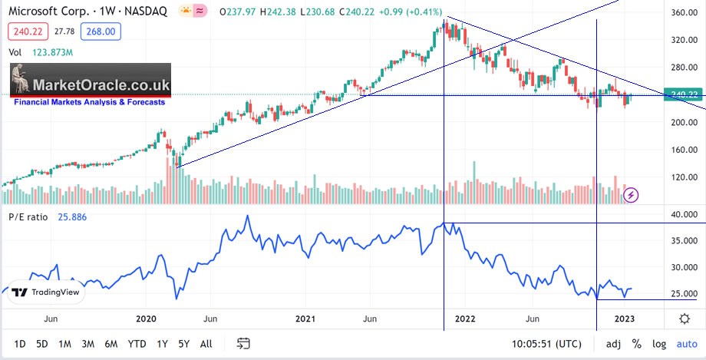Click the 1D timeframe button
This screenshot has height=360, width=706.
tap(20, 343)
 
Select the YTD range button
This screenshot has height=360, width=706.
tap(137, 343)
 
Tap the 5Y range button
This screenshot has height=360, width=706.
tap(183, 343)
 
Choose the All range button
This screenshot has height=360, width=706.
tap(206, 343)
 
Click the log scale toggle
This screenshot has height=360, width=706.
tap(658, 343)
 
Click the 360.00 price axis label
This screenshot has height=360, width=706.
tap(681, 13)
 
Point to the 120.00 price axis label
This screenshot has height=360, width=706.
tap(681, 177)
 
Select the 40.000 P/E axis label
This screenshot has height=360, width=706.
tap(681, 215)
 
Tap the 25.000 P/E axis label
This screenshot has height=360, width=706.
tap(681, 294)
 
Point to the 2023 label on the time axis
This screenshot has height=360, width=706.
tap(625, 318)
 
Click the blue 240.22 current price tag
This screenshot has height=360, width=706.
tap(682, 94)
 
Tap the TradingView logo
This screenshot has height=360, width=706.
tap(45, 292)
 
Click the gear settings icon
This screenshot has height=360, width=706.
tap(684, 318)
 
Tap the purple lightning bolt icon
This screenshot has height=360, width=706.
tap(631, 196)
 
